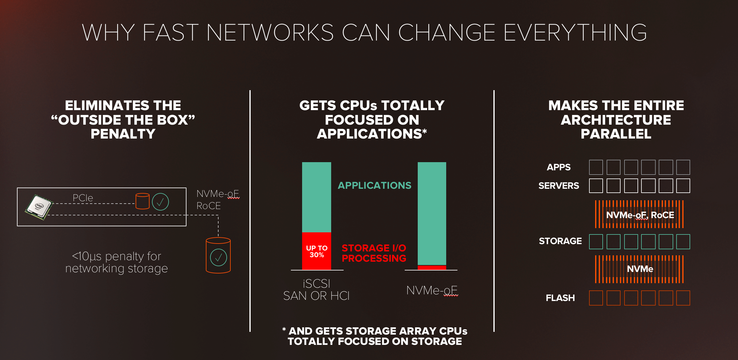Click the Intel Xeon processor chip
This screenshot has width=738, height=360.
pyautogui.click(x=39, y=207)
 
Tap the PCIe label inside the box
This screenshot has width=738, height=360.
pyautogui.click(x=83, y=198)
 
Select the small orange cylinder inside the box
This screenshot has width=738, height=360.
pyautogui.click(x=142, y=201)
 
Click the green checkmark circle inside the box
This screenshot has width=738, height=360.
pyautogui.click(x=160, y=202)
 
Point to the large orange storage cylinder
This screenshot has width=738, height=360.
pyautogui.click(x=218, y=255)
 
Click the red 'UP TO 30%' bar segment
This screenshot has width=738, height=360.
pyautogui.click(x=317, y=251)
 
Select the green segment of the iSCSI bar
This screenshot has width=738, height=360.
pyautogui.click(x=317, y=197)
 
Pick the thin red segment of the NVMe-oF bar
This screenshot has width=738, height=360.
pyautogui.click(x=432, y=267)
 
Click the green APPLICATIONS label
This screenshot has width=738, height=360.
pyautogui.click(x=374, y=185)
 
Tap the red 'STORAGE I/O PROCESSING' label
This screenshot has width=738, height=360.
pyautogui.click(x=374, y=253)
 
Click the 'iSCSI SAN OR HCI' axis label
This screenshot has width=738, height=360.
pyautogui.click(x=316, y=290)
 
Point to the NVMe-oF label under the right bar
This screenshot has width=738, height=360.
pyautogui.click(x=432, y=290)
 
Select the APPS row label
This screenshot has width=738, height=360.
pyautogui.click(x=558, y=167)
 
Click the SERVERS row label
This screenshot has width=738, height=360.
pyautogui.click(x=558, y=186)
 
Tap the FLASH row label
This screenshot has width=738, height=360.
pyautogui.click(x=560, y=298)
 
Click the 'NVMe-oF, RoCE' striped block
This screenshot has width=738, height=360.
pyautogui.click(x=639, y=214)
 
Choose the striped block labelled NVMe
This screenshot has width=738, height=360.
pyautogui.click(x=639, y=269)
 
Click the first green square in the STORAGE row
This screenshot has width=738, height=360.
pyautogui.click(x=596, y=242)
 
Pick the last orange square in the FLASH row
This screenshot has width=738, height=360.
pyautogui.click(x=683, y=298)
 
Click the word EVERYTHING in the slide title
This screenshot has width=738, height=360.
pyautogui.click(x=575, y=32)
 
